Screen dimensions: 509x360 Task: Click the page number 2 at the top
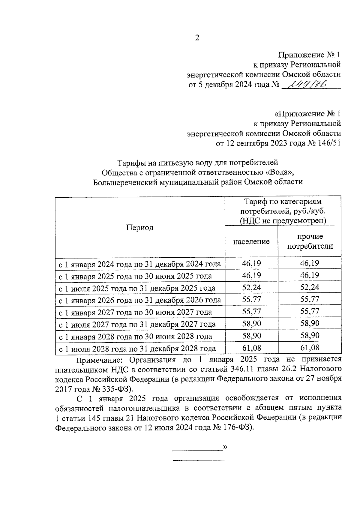click(x=197, y=38)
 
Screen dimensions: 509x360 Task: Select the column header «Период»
click(x=140, y=228)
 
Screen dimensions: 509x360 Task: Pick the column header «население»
click(x=251, y=241)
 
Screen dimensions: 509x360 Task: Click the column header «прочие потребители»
click(x=310, y=241)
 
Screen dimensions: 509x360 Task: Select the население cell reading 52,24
click(x=251, y=288)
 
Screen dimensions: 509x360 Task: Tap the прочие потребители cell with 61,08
click(x=310, y=348)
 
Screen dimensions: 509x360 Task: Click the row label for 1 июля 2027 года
click(x=137, y=324)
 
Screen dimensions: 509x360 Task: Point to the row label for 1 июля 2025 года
click(x=137, y=288)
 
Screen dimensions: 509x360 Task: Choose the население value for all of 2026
click(x=251, y=300)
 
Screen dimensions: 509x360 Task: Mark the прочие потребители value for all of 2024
click(x=310, y=263)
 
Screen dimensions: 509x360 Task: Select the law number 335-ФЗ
click(x=115, y=389)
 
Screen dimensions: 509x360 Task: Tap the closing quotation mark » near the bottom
click(x=225, y=447)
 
